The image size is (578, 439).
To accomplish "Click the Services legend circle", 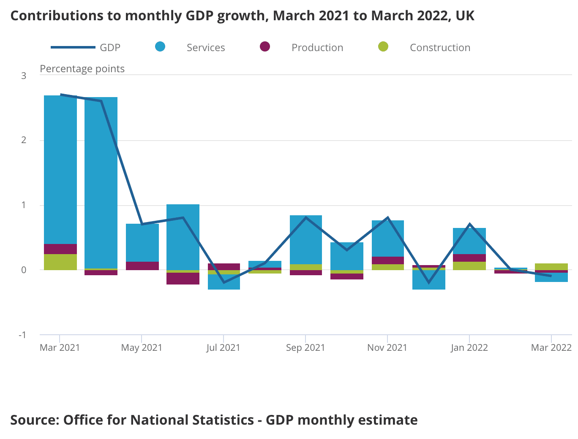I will (160, 47).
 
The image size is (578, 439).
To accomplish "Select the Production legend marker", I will (265, 47).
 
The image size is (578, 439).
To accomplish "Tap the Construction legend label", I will (440, 48).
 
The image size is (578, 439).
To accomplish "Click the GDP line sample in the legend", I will (73, 47).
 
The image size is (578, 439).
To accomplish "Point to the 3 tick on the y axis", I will (24, 76).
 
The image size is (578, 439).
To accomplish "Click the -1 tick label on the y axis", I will (22, 335).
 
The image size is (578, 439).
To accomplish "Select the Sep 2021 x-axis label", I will (305, 348).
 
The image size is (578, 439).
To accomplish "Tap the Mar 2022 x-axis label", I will (551, 348).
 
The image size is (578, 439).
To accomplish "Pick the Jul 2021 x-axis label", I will (223, 348).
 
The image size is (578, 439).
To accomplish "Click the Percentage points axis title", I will (82, 69).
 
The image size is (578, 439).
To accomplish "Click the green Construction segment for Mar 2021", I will (60, 262).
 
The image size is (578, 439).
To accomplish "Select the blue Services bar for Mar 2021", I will (60, 169).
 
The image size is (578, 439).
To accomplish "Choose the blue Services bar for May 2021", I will (142, 243).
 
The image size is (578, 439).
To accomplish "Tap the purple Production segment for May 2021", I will (142, 266).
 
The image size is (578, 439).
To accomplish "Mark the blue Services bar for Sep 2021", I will (306, 240).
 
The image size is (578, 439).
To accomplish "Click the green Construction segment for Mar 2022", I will (551, 267).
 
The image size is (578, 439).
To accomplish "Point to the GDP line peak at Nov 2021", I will (387, 218).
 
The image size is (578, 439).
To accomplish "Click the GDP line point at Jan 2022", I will (469, 224).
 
